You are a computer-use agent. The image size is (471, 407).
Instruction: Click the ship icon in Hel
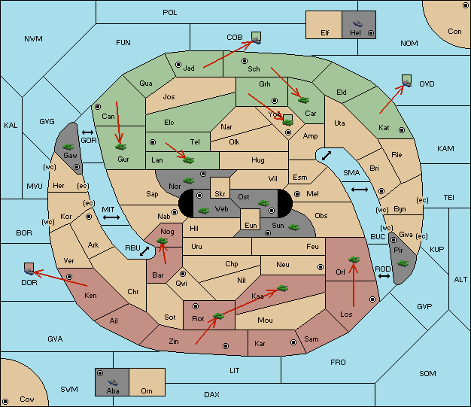[x=357, y=23]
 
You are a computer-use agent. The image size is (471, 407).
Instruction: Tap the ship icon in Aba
[x=114, y=381]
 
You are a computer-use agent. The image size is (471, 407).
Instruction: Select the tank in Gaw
[x=68, y=146]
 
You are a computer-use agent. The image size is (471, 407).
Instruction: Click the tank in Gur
[x=120, y=147]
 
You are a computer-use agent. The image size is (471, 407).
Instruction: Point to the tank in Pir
[x=403, y=263]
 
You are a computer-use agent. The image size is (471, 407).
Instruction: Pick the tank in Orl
[x=354, y=260]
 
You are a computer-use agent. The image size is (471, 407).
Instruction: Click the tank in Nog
[x=163, y=241]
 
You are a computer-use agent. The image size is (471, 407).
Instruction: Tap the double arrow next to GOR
[x=88, y=132]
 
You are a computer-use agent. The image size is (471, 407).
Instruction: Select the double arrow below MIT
[x=111, y=217]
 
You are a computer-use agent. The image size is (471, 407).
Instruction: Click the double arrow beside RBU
[x=144, y=251]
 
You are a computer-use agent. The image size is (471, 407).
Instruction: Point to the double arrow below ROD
[x=384, y=276]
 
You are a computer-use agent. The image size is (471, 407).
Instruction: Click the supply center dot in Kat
[x=402, y=130]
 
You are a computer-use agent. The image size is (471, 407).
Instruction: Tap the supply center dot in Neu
[x=321, y=267]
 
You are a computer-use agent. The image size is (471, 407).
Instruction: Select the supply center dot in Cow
[x=5, y=402]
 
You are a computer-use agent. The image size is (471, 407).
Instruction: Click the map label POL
[x=170, y=13]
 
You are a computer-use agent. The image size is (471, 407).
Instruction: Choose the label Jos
[x=169, y=97]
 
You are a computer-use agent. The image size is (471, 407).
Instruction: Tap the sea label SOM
[x=427, y=373]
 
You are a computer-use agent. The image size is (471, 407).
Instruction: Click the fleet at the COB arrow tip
[x=257, y=38]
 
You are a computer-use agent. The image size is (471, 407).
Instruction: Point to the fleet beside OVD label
[x=407, y=81]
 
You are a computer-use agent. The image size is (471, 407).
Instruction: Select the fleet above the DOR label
[x=29, y=269]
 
